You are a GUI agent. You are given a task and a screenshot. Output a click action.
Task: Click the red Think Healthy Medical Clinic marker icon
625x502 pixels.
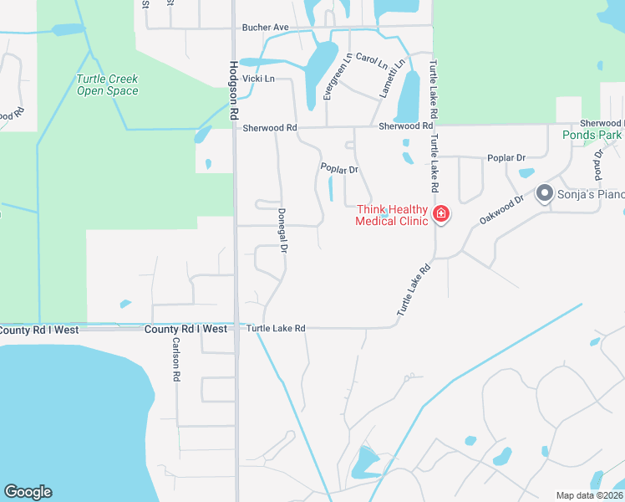point(440,215)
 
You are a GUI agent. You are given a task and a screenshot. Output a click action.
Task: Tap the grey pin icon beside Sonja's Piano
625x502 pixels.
point(545,194)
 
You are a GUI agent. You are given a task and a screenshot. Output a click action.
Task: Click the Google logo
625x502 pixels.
point(28,492)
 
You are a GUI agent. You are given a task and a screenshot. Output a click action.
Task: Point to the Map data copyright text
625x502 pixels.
point(590,495)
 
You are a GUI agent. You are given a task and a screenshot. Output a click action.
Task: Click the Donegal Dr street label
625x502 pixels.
point(282,231)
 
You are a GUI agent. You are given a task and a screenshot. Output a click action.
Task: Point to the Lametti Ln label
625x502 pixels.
point(393,78)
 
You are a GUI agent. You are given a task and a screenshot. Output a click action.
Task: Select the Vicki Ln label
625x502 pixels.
point(258,79)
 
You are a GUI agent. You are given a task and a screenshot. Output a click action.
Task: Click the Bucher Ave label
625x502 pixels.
point(265,28)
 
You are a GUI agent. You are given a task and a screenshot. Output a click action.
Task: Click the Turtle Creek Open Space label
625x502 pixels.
point(107,85)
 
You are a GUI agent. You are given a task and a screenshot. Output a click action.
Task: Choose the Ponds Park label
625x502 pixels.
point(592,134)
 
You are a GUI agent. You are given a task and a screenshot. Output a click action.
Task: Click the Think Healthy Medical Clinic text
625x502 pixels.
point(392,215)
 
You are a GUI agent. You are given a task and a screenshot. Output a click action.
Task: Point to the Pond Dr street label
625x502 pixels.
point(598,165)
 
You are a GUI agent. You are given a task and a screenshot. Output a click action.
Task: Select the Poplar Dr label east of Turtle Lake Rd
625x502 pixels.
point(506,157)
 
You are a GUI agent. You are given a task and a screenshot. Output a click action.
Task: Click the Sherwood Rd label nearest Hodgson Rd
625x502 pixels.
point(269,128)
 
